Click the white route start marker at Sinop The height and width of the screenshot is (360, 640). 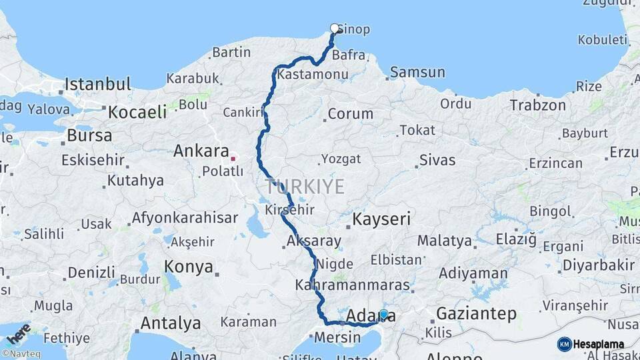(335, 28)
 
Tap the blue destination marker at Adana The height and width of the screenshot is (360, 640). (383, 314)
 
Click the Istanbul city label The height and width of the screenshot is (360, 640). (98, 85)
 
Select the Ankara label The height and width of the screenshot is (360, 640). (201, 151)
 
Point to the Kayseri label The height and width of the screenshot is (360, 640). (381, 219)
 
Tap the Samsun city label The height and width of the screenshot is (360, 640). (417, 72)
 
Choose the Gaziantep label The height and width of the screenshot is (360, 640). (476, 313)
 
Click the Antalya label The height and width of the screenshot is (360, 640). (170, 323)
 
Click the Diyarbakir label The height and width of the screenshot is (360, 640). (598, 265)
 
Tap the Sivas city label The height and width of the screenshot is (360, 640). (437, 160)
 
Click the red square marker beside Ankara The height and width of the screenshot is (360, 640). (233, 159)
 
